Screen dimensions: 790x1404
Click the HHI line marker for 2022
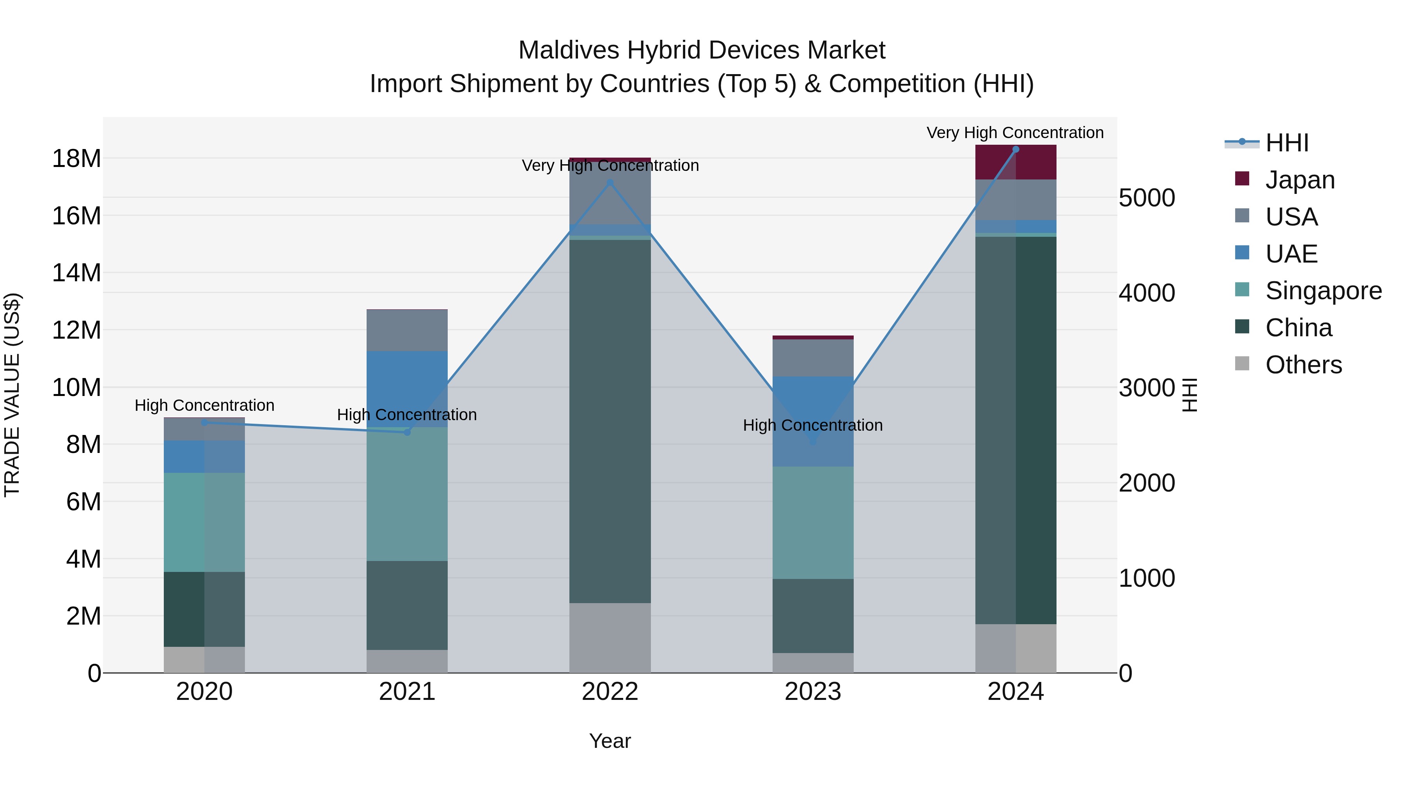coord(610,183)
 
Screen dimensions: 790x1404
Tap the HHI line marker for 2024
coord(1016,149)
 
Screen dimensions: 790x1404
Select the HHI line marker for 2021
coord(407,432)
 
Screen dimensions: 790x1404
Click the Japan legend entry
coord(1299,180)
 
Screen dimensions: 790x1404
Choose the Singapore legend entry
coord(1323,291)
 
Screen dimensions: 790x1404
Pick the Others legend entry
coord(1303,365)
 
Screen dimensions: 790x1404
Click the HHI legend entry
coord(1286,143)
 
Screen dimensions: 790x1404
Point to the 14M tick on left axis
coord(76,273)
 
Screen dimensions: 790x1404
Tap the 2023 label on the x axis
coord(813,692)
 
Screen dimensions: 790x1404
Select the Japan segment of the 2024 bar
coord(1016,162)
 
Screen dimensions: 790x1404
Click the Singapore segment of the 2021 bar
coord(407,494)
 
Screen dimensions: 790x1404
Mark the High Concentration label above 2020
coord(204,406)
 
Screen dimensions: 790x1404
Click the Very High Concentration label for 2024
coord(1015,133)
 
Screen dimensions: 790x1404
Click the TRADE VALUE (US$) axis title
coord(12,395)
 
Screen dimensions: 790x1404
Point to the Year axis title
coord(610,741)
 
